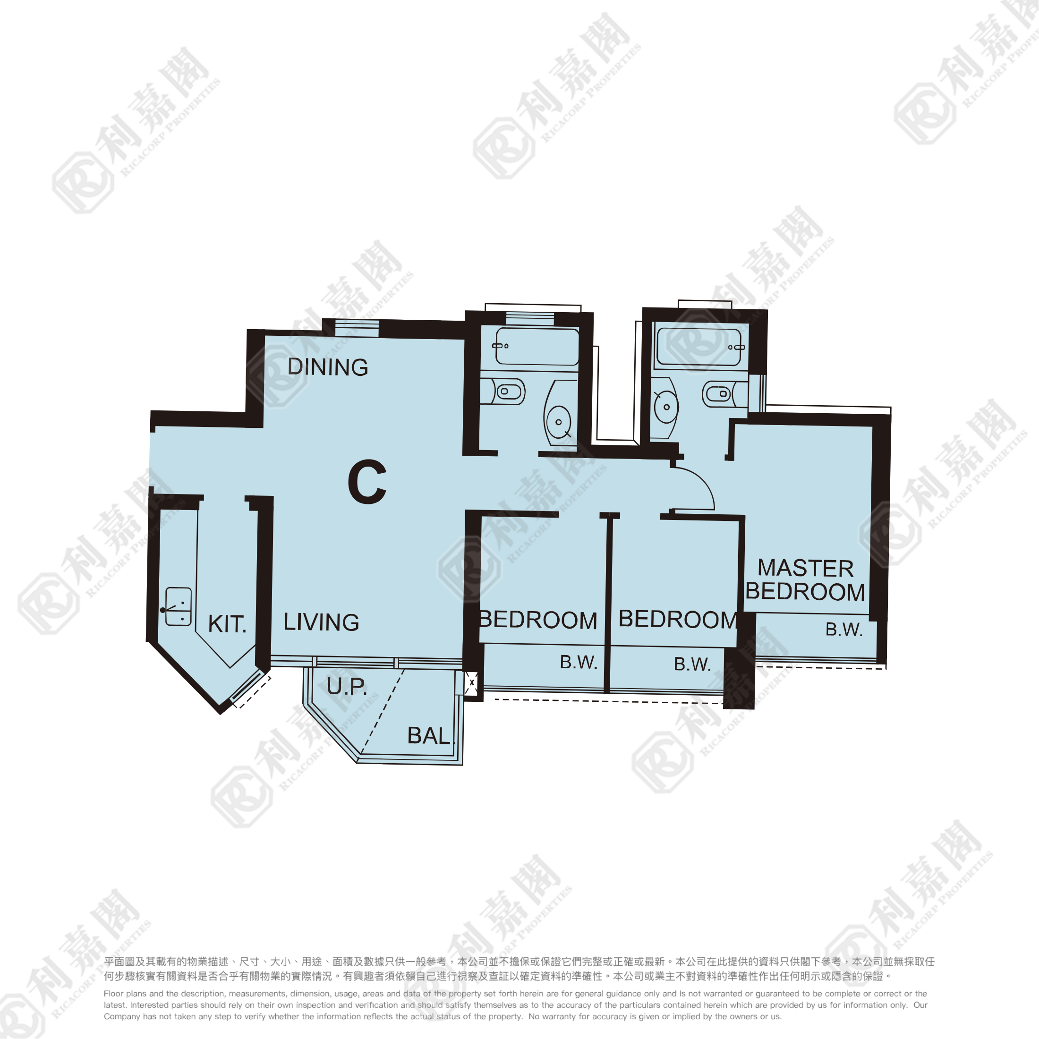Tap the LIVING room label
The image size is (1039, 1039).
click(x=321, y=622)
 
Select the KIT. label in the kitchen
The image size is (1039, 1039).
click(x=227, y=624)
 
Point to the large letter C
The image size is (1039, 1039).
click(x=367, y=482)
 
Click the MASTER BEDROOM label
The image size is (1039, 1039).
click(x=805, y=580)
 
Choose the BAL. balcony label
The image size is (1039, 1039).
click(x=431, y=736)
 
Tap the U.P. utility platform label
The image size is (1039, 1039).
click(x=347, y=686)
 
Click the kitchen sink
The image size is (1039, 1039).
click(x=178, y=606)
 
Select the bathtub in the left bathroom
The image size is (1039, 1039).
click(x=537, y=347)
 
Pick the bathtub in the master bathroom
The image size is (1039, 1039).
click(x=699, y=347)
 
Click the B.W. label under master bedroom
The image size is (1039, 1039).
click(x=844, y=629)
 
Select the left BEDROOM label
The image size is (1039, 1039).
click(x=538, y=620)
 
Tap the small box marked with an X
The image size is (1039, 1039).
click(x=471, y=683)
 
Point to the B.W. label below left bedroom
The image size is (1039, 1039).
click(x=579, y=662)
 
